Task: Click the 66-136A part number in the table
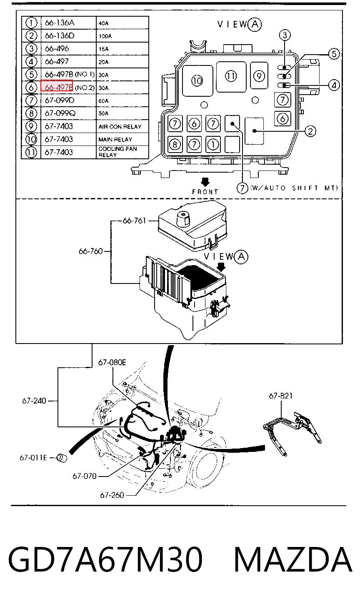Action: [60, 23]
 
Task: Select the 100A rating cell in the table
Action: [105, 36]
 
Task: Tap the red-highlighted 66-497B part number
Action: [57, 86]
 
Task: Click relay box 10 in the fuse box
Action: [197, 80]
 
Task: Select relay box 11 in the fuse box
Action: [231, 76]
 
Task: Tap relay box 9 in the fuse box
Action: [259, 75]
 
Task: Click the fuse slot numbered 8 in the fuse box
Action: [175, 144]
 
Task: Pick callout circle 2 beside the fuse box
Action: [310, 131]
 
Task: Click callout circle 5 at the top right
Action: [334, 54]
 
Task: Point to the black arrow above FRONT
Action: [205, 182]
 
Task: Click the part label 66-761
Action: [134, 221]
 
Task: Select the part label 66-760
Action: [91, 251]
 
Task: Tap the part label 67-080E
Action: [112, 362]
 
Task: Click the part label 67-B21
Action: [281, 396]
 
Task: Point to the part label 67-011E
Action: [33, 458]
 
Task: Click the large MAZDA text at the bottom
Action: [293, 559]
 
